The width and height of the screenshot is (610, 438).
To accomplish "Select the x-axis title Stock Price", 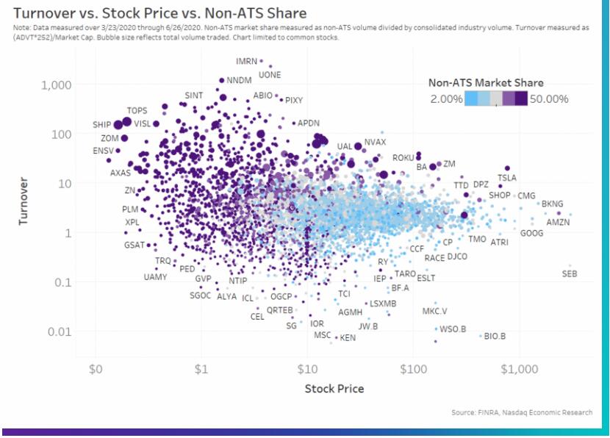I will coord(334,388).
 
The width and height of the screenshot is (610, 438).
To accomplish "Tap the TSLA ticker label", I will coord(507,178).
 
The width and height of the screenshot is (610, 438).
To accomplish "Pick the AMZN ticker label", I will coord(558,222).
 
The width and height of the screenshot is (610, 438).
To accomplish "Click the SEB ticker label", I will coord(570,274).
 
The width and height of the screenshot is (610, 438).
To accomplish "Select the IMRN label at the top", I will coord(247,61).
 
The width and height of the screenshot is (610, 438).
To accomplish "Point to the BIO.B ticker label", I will coord(495,337).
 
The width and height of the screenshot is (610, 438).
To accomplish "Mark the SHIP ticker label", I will coord(101,125).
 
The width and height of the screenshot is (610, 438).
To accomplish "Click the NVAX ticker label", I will coord(375,142).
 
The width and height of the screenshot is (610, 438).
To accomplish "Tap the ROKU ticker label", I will coord(403,158).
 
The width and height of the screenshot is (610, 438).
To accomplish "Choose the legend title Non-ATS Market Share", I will coord(486,83).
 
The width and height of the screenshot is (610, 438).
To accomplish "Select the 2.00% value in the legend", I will coord(446,98).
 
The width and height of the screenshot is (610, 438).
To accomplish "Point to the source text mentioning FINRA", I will coord(521,413).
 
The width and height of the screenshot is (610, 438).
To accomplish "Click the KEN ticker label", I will coord(348,338).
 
